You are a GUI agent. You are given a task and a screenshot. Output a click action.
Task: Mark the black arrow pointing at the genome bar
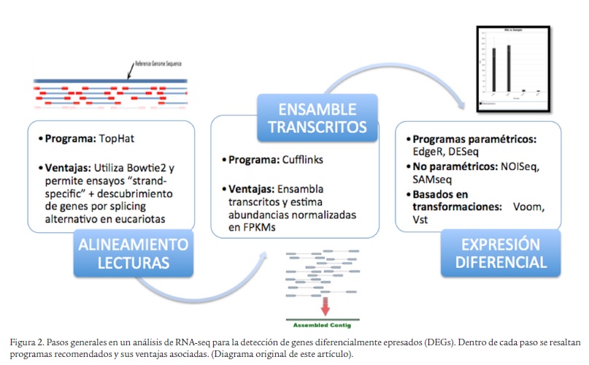(130, 71)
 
